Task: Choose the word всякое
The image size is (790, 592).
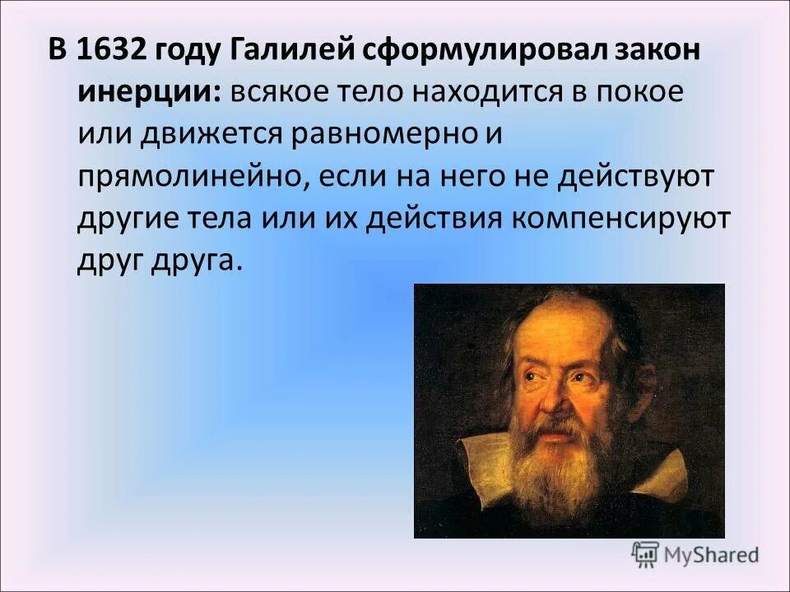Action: click(278, 91)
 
